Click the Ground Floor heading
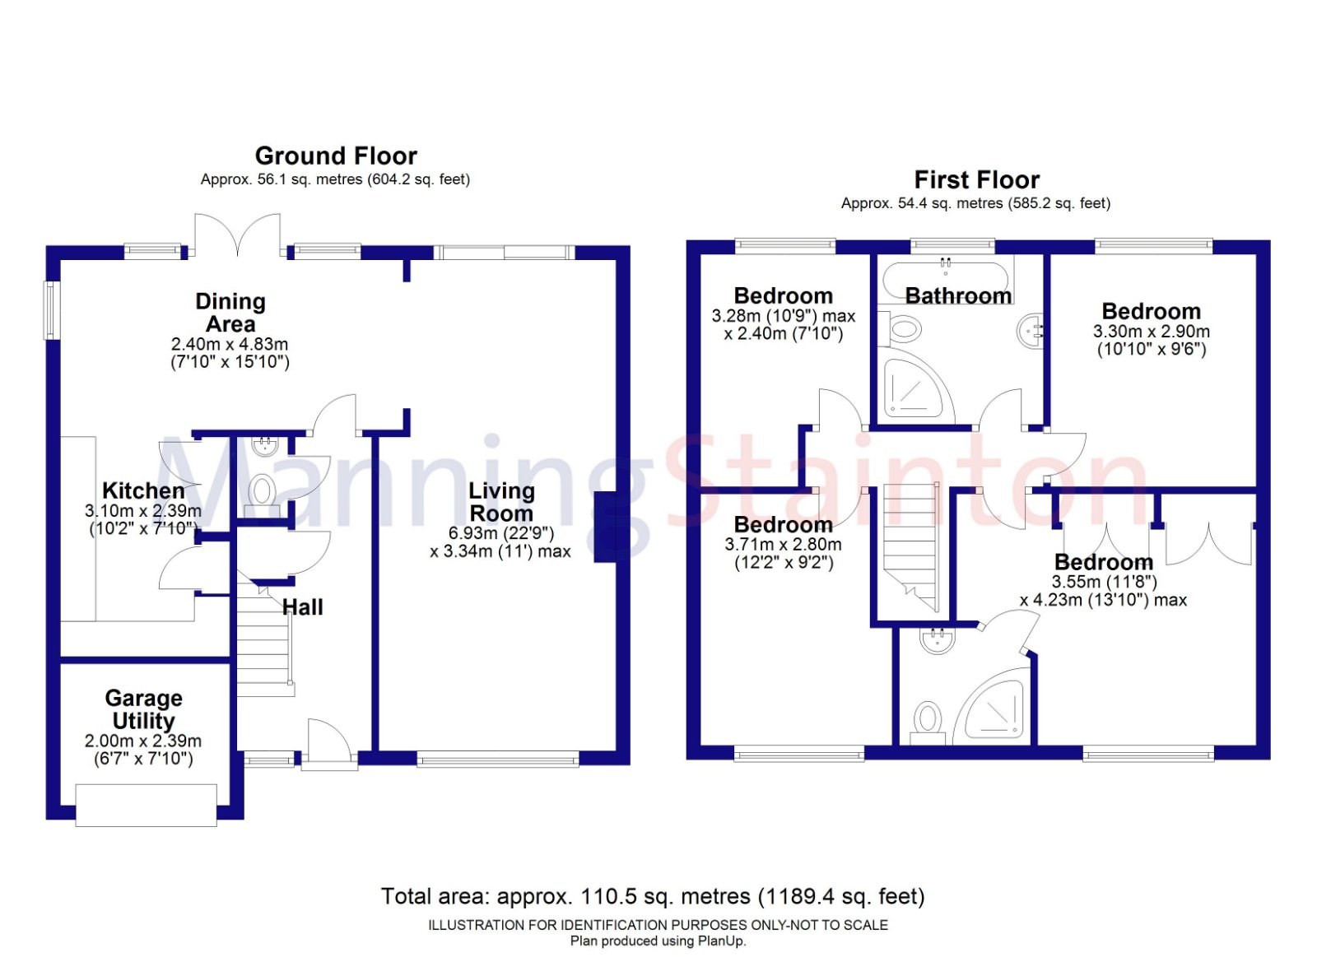[336, 156]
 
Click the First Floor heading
[976, 179]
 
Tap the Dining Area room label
[230, 313]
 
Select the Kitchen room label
[143, 490]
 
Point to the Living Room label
[501, 502]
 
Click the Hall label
[303, 607]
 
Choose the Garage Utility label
[143, 709]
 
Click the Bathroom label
[958, 295]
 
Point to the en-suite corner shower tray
[997, 707]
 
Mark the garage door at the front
[146, 805]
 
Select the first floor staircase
[910, 543]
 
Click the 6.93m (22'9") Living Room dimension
[501, 533]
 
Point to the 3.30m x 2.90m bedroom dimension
[1151, 332]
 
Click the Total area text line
[653, 896]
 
